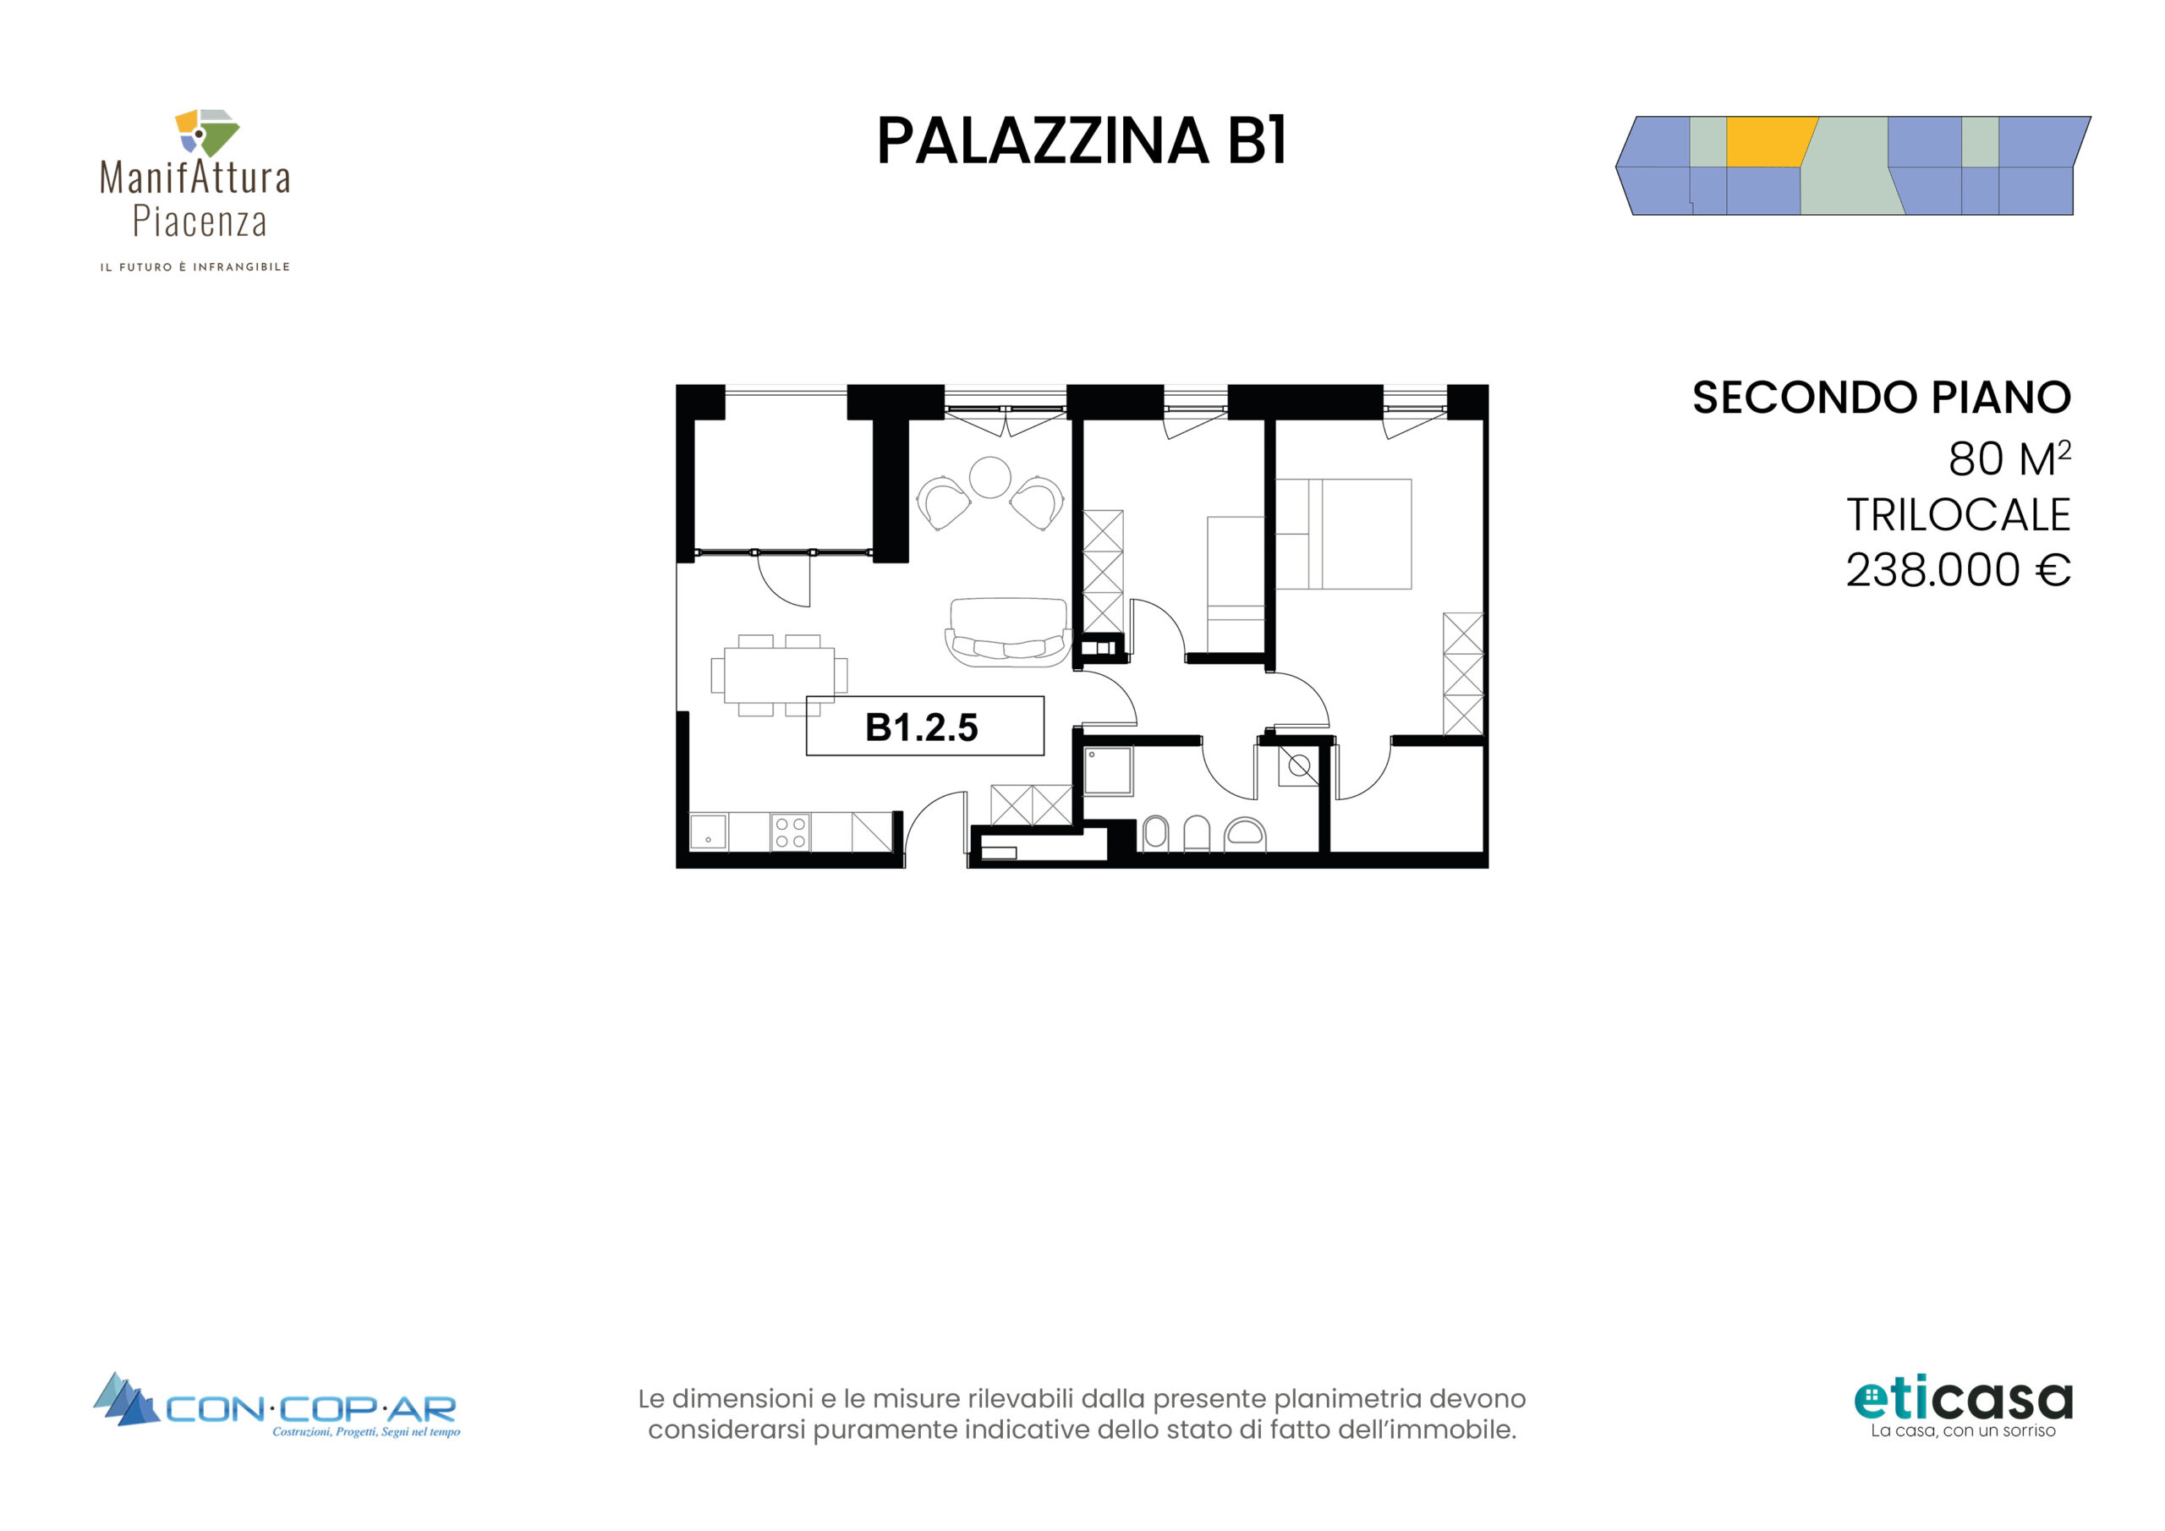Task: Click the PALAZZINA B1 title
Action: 1082,141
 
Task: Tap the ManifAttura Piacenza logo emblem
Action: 207,132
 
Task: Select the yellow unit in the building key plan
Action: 1769,141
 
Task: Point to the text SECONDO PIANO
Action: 1881,398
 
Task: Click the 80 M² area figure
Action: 2009,458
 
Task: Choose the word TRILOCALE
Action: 1959,515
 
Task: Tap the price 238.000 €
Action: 1958,570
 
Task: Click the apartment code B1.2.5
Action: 921,727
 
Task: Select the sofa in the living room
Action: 1008,632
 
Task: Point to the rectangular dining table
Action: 779,674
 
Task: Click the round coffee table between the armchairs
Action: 990,476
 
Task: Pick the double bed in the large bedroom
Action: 1344,534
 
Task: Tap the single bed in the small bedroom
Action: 1236,584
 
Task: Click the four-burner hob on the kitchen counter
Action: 790,832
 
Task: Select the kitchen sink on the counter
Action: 708,832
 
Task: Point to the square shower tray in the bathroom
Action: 1107,771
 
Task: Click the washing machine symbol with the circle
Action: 1298,766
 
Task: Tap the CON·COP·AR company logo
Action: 277,1407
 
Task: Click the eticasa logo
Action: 1963,1407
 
